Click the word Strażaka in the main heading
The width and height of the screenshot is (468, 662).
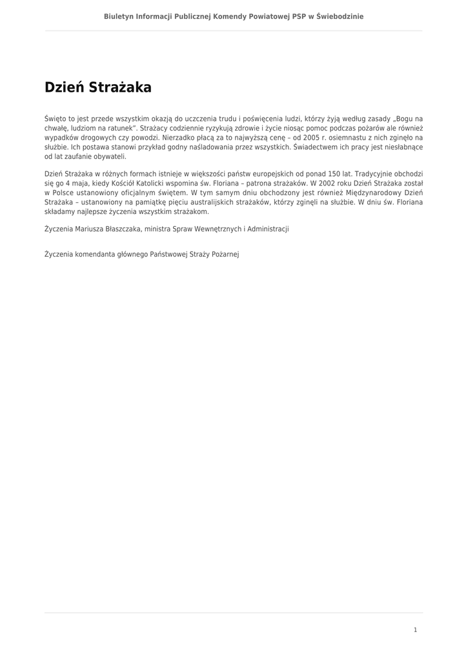click(x=121, y=87)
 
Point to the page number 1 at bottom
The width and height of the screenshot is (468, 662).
click(x=415, y=630)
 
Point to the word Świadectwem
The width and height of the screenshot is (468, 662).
click(x=314, y=147)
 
